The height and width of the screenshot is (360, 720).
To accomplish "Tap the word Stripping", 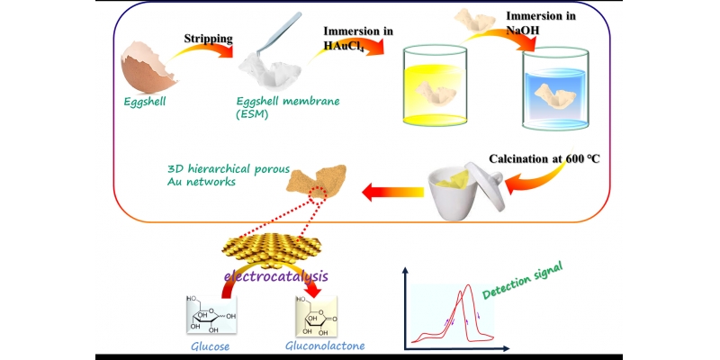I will tap(209, 40).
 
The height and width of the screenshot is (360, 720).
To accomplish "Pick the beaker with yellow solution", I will tap(430, 99).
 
